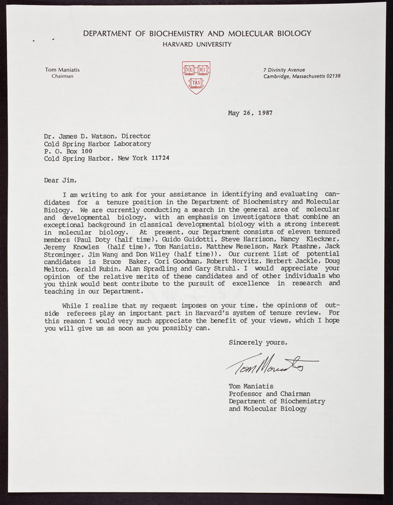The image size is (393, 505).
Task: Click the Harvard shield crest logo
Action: point(196,77)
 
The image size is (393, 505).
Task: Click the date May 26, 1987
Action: point(251,114)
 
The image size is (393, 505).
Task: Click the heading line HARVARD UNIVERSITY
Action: point(197,44)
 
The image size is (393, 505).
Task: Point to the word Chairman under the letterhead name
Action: point(62,76)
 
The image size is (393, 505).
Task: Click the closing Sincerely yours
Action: point(258,342)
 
